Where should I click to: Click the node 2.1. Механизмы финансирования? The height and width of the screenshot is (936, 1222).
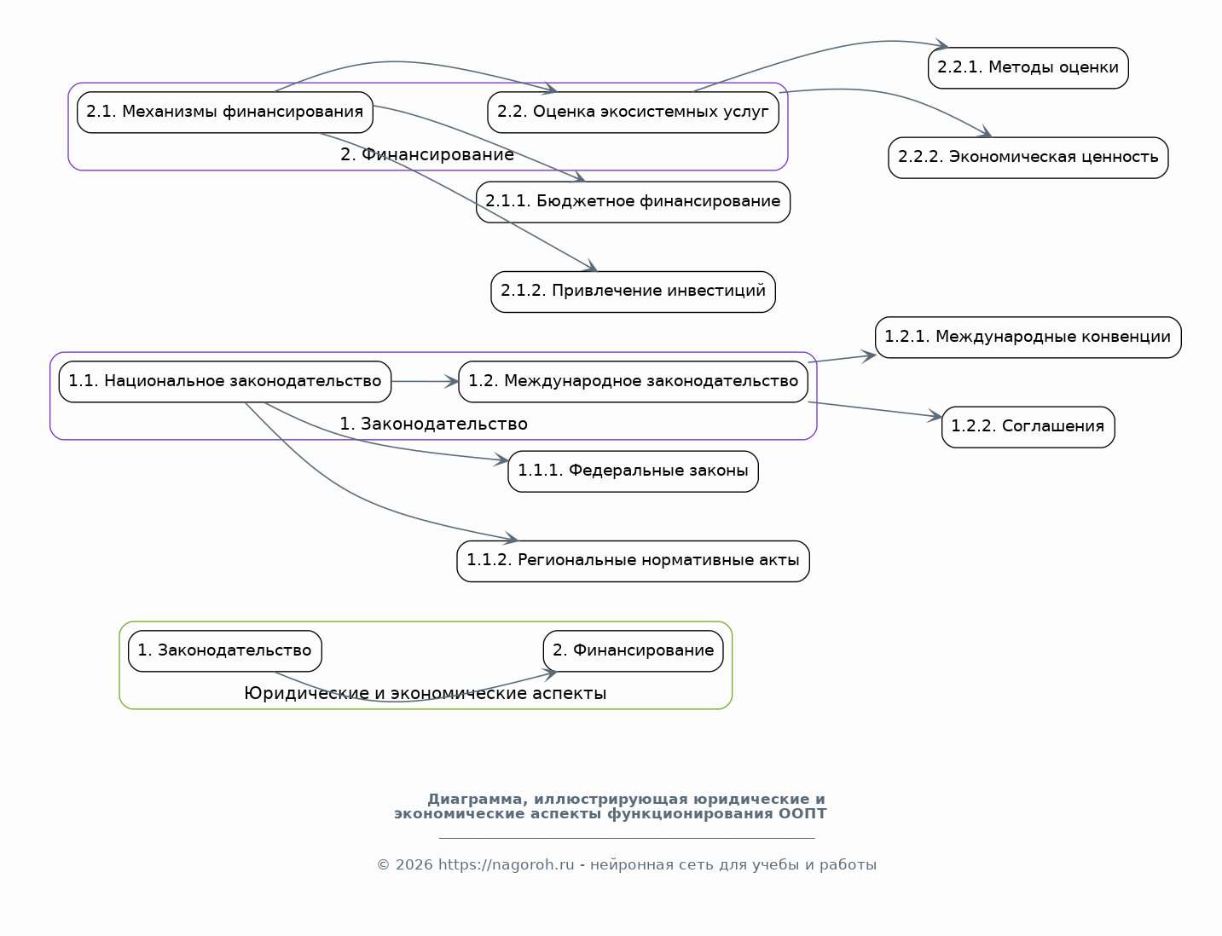(225, 113)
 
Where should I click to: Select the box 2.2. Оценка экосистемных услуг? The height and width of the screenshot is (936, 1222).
(633, 113)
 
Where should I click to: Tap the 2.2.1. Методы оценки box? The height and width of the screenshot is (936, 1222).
(1028, 68)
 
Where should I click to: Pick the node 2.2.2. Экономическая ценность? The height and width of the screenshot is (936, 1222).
(1028, 158)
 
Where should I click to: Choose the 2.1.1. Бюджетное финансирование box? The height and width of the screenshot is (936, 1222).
(633, 202)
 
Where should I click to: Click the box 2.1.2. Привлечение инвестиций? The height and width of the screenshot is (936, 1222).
(633, 292)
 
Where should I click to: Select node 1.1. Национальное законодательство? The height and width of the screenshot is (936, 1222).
(225, 382)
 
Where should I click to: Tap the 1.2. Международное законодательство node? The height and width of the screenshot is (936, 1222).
(633, 382)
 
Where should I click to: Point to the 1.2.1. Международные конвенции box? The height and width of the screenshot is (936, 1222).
(1028, 338)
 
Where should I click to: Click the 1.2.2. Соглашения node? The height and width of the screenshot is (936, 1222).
(1028, 427)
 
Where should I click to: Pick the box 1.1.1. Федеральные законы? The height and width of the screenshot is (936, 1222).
(633, 471)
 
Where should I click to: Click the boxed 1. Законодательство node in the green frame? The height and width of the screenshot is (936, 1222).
(225, 651)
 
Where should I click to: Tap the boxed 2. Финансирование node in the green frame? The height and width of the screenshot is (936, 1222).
(633, 651)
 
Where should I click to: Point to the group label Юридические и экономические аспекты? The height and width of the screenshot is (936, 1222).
(426, 694)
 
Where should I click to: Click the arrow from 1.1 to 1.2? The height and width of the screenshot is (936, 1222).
(425, 382)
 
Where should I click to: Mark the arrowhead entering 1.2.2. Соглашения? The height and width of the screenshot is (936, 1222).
(935, 416)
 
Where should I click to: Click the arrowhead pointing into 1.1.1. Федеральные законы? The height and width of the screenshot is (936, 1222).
(501, 459)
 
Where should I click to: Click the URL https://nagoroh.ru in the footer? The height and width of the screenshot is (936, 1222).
(507, 864)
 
